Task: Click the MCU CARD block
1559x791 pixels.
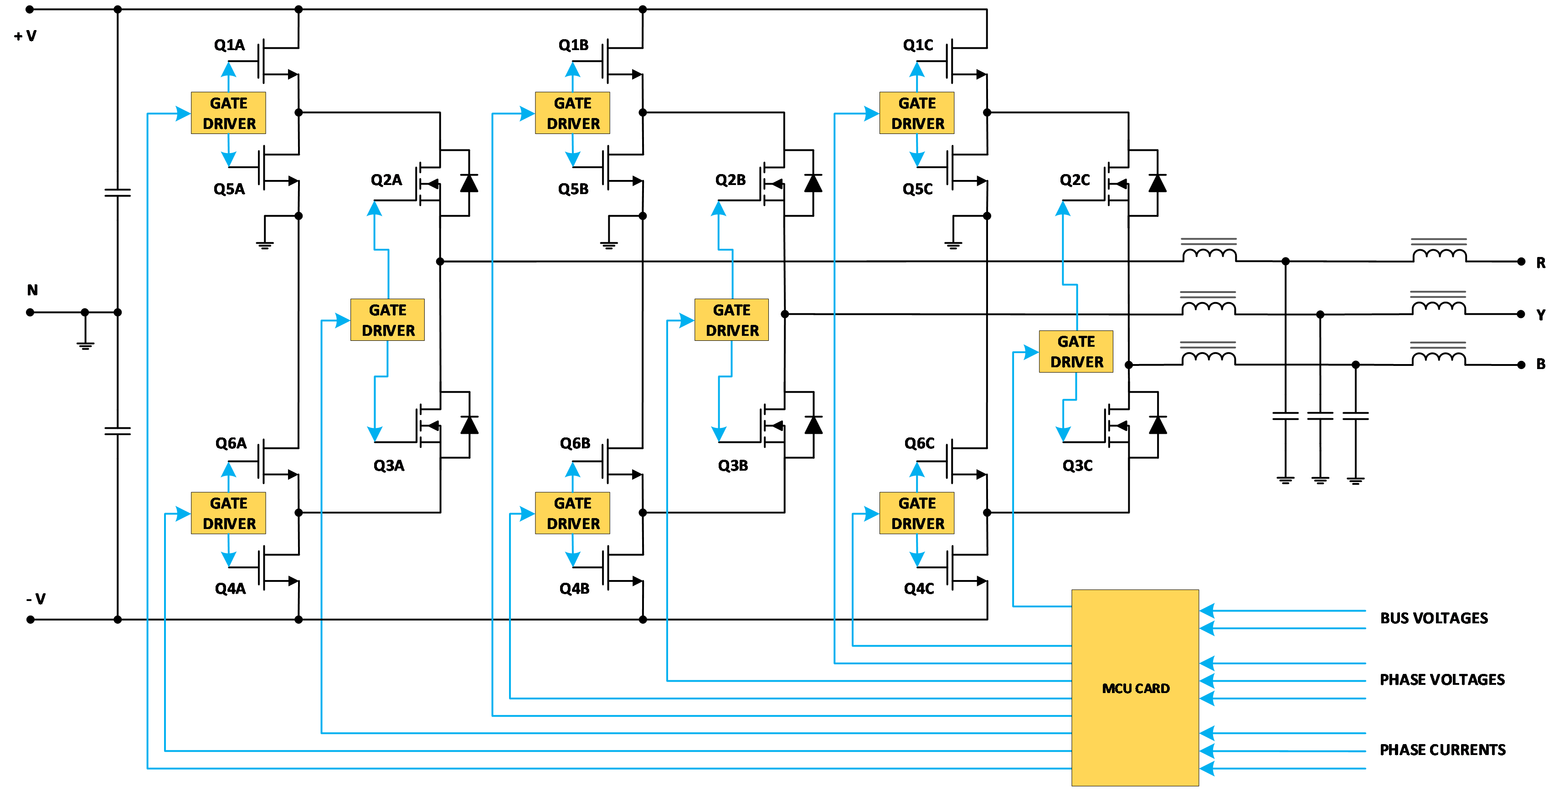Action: click(1135, 688)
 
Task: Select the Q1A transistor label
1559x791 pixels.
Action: click(229, 45)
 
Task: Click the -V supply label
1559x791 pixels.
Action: click(36, 599)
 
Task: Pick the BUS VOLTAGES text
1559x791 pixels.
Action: click(1433, 618)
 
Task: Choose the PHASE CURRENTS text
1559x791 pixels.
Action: click(1442, 750)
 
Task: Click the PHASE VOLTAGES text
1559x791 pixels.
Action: click(1441, 680)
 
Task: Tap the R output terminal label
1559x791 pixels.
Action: click(1540, 262)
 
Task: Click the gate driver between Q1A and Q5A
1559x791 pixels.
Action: click(228, 113)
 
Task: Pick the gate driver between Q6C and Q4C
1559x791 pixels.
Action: click(917, 513)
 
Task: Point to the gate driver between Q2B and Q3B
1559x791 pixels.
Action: click(732, 320)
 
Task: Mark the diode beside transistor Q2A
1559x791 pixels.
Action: click(469, 183)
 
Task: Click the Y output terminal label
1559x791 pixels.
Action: click(1540, 315)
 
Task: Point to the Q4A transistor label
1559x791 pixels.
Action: click(230, 588)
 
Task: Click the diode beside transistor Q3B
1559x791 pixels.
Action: click(813, 425)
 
